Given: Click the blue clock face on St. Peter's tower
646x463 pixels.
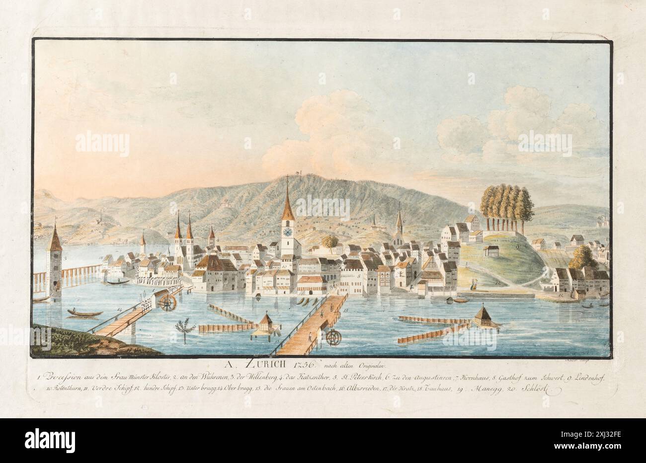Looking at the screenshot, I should [x=287, y=231].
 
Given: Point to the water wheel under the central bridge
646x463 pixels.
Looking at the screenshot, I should [x=333, y=338].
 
